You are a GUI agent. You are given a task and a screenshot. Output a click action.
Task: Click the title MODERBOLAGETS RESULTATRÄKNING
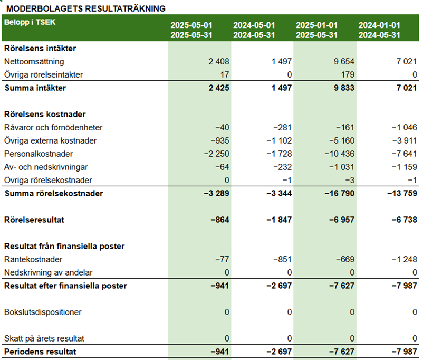(x=86, y=8)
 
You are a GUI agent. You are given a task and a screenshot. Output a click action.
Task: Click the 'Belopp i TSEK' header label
(x=30, y=22)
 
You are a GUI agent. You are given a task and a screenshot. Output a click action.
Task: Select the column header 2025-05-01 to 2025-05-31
(x=191, y=30)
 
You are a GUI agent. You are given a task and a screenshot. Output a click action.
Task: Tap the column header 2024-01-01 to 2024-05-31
(x=379, y=30)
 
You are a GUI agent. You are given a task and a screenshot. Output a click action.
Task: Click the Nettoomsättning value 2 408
(x=218, y=62)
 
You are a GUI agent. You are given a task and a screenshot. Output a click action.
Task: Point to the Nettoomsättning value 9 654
(x=344, y=62)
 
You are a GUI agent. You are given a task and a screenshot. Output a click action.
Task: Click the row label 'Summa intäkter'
(x=35, y=88)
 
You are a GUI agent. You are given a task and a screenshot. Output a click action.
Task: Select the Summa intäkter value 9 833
(x=344, y=88)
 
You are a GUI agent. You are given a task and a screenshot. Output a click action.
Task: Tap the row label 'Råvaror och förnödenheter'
(x=53, y=127)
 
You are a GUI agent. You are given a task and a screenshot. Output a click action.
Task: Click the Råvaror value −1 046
(x=405, y=127)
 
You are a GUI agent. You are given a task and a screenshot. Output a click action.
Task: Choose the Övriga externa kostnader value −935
(x=220, y=141)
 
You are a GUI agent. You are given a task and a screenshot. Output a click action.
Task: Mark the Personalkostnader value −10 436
(x=339, y=154)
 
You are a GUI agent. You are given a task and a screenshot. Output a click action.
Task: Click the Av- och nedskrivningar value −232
(x=283, y=167)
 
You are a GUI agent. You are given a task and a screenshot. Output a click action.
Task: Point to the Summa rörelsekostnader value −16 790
(x=339, y=193)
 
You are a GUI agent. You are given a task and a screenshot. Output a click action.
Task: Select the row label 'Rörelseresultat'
(x=34, y=220)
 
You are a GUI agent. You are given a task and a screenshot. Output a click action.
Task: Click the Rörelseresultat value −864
(x=220, y=220)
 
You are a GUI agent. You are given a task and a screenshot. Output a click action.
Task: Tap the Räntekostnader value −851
(x=283, y=260)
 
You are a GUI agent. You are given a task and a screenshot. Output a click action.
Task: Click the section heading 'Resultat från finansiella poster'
(x=64, y=247)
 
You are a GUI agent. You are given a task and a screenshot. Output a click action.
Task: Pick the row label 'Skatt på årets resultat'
(x=44, y=339)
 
